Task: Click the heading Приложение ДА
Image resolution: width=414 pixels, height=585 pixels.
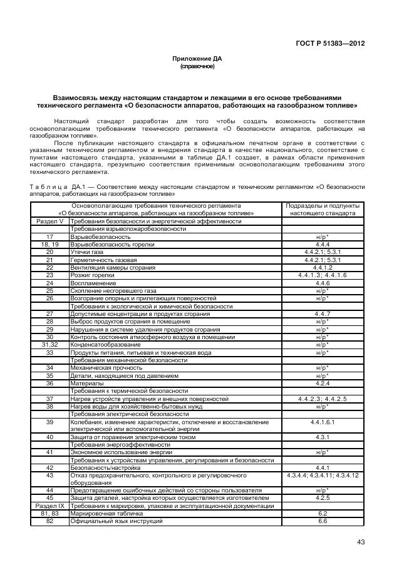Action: (x=197, y=58)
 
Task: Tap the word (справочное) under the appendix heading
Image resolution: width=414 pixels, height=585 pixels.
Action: (x=197, y=66)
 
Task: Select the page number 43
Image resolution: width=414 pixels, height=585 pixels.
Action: (x=360, y=542)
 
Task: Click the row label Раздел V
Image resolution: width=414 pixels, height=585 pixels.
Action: (x=49, y=221)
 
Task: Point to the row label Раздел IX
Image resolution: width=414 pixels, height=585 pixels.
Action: (x=49, y=505)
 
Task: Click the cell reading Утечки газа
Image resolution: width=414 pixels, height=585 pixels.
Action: (x=88, y=252)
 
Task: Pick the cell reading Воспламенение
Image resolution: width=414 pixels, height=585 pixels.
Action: (x=94, y=283)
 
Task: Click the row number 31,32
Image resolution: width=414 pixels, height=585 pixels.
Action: (x=49, y=344)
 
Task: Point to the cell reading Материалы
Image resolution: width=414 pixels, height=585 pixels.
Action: (x=87, y=383)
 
